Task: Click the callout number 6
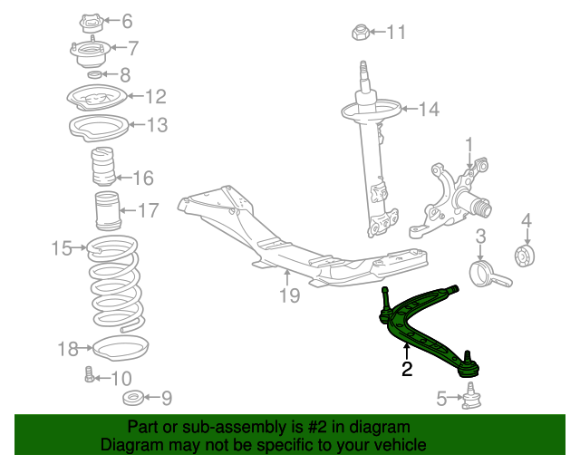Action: point(126,21)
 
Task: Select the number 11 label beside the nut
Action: point(396,34)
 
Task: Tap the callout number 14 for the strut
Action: point(428,110)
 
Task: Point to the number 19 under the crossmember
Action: point(288,295)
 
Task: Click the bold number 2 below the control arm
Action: point(407,369)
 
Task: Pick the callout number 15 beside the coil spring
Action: point(62,247)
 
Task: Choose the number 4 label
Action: point(527,220)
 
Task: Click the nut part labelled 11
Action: point(359,34)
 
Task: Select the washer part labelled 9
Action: point(132,397)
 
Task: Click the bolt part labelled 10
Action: point(89,374)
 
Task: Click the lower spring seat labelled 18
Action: point(120,347)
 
